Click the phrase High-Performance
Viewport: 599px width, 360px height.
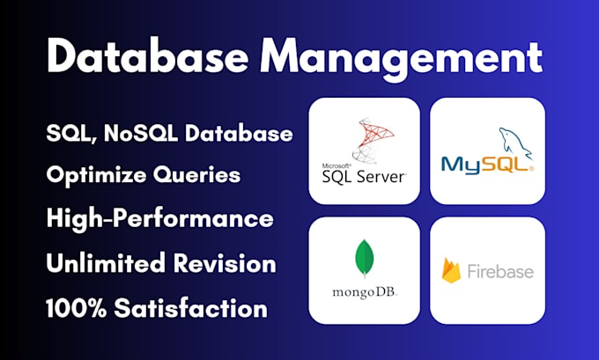point(160,218)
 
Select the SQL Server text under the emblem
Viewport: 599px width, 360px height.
point(364,177)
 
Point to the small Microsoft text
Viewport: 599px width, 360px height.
point(338,165)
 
